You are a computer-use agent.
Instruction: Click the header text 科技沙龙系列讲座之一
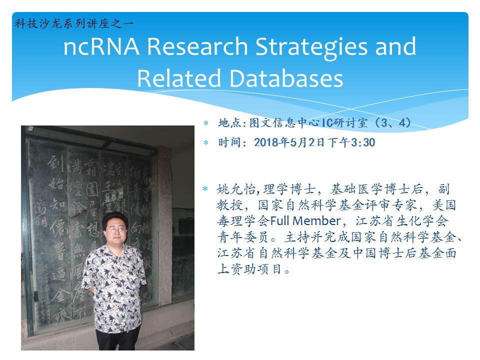pyautogui.click(x=74, y=23)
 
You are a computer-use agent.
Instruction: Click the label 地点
pyautogui.click(x=229, y=122)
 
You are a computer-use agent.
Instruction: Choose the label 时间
pyautogui.click(x=229, y=143)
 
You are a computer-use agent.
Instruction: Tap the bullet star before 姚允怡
pyautogui.click(x=205, y=189)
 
